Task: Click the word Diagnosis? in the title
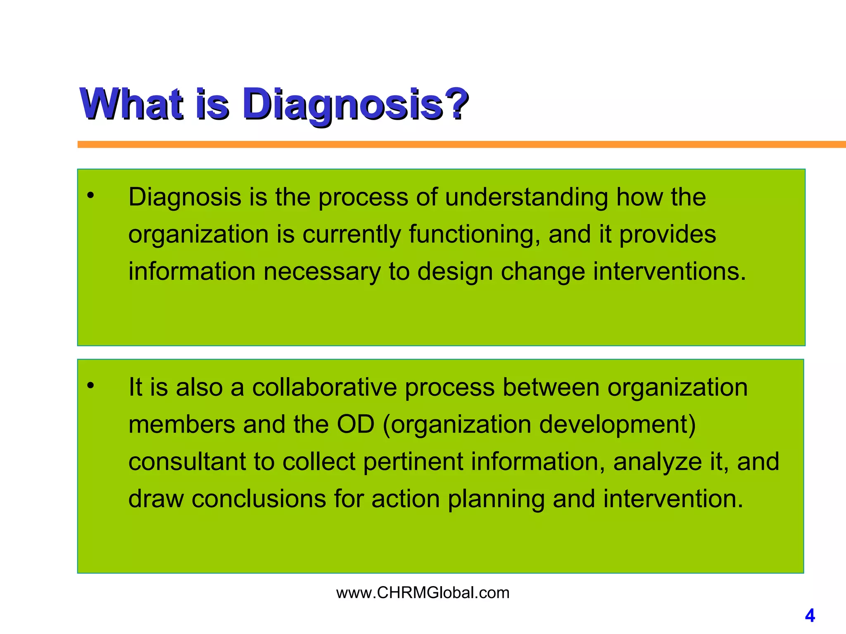[x=355, y=104]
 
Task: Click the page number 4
[x=810, y=616]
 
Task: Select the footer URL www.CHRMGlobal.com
[x=423, y=593]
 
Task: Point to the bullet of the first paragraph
[x=91, y=196]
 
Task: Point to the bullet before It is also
[x=91, y=386]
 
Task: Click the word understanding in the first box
[x=526, y=197]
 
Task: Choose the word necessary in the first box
[x=322, y=272]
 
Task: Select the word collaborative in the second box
[x=324, y=387]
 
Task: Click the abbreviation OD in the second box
[x=356, y=424]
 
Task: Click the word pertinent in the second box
[x=413, y=461]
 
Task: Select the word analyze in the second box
[x=658, y=462]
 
